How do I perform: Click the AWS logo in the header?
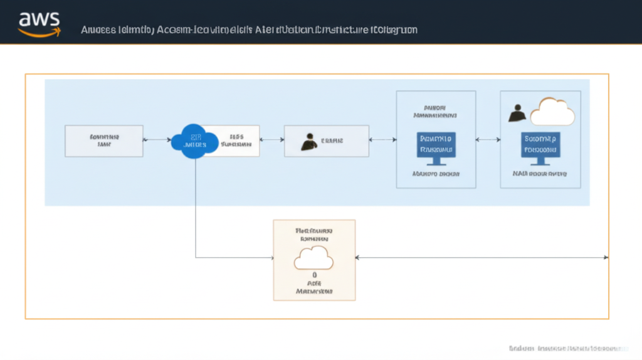point(39,23)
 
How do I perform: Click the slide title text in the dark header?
point(250,29)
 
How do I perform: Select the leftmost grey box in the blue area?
point(104,140)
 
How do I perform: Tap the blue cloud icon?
point(194,140)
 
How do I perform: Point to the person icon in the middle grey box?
point(308,142)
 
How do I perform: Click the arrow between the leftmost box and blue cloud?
point(157,140)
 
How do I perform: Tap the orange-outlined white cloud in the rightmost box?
point(552,112)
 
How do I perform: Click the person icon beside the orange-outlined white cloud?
point(517,113)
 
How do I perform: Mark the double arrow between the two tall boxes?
point(488,140)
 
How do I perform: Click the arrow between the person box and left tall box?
point(382,140)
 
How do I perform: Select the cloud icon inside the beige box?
point(313,258)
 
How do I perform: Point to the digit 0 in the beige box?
point(314,275)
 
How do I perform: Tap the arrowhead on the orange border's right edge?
point(606,257)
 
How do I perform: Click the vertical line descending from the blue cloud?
point(196,207)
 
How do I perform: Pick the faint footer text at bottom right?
point(567,347)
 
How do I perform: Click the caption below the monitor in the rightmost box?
point(540,173)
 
